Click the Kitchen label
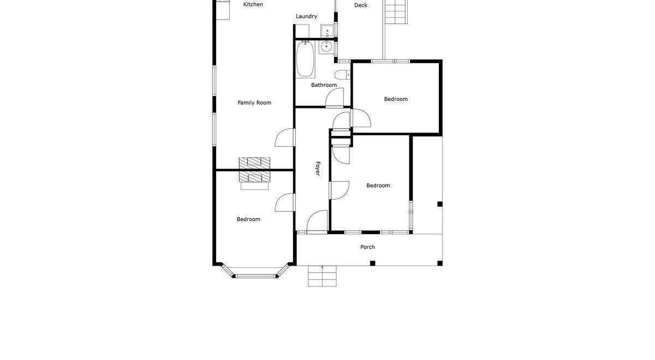pyautogui.click(x=253, y=4)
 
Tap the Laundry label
pyautogui.click(x=306, y=16)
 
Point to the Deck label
pyautogui.click(x=361, y=5)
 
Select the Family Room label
pyautogui.click(x=254, y=103)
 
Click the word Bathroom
pyautogui.click(x=324, y=85)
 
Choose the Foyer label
pyautogui.click(x=318, y=169)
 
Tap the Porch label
pyautogui.click(x=367, y=247)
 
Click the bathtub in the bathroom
pyautogui.click(x=305, y=59)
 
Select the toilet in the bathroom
pyautogui.click(x=342, y=75)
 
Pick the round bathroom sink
pyautogui.click(x=326, y=47)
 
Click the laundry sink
pyautogui.click(x=327, y=31)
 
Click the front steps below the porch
pyautogui.click(x=322, y=276)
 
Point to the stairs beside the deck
pyautogui.click(x=396, y=11)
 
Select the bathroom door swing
pyautogui.click(x=335, y=97)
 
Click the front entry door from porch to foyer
pyautogui.click(x=317, y=221)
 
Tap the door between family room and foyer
pyautogui.click(x=285, y=137)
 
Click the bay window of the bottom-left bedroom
pyautogui.click(x=254, y=272)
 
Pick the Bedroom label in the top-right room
pyautogui.click(x=396, y=99)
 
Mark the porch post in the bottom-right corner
pyautogui.click(x=440, y=263)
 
